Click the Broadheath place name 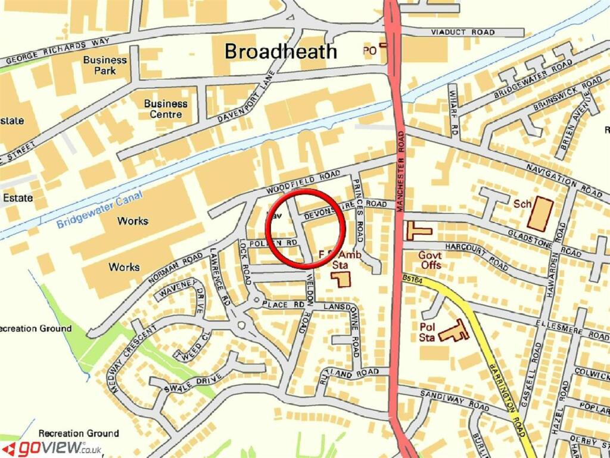281,51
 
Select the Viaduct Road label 456,32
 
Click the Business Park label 105,65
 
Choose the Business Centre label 166,109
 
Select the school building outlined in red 540,213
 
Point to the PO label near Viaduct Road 369,52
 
